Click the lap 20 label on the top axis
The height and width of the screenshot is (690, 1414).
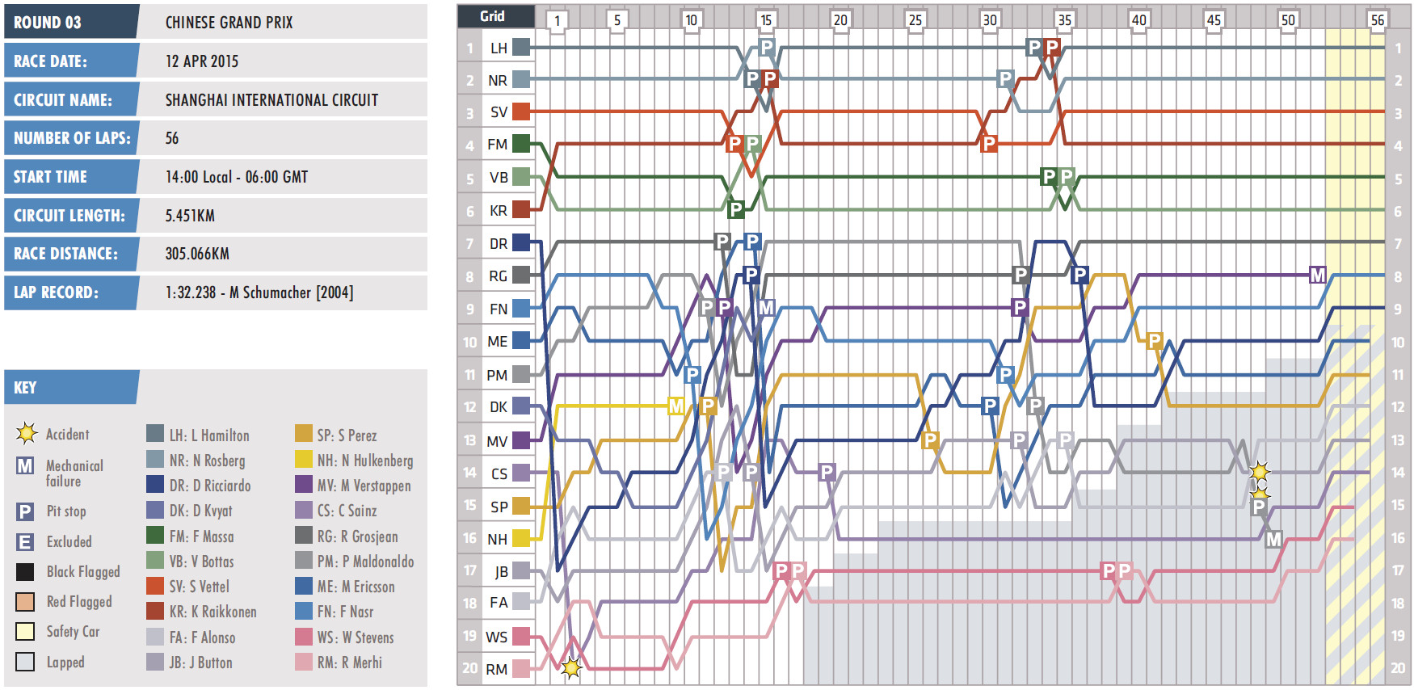[840, 20]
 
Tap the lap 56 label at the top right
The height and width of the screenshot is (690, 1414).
[1377, 20]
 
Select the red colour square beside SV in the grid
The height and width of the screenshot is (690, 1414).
[521, 111]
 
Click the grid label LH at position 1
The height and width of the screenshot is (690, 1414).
[499, 48]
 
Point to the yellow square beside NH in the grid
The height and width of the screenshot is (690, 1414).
[521, 538]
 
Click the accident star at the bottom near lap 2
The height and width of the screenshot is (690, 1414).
[571, 668]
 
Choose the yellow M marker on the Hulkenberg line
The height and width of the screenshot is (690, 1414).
[676, 406]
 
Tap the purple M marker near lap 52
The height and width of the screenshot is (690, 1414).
[1317, 276]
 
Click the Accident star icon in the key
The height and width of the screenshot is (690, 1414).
[27, 434]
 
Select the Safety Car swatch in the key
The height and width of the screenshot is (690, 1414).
[25, 632]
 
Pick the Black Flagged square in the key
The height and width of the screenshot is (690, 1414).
[25, 572]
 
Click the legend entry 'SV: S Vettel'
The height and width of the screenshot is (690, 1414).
[199, 587]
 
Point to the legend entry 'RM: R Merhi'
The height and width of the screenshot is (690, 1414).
[349, 663]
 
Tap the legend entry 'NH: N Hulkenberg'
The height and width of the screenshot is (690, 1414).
[364, 461]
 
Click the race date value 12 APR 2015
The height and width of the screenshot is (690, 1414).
[202, 61]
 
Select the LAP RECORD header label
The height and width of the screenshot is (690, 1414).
[56, 292]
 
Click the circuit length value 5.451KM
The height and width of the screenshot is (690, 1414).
[190, 216]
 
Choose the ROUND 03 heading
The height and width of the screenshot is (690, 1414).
[48, 23]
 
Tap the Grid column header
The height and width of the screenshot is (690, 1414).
[492, 16]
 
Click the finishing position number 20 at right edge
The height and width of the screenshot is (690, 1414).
[1398, 668]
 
